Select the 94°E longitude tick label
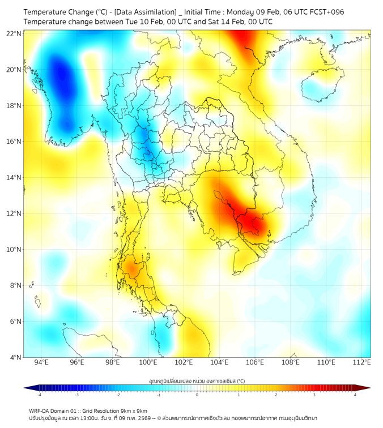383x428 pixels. tap(41, 362)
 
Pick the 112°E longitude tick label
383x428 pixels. tap(361, 362)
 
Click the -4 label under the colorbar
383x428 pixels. tap(39, 395)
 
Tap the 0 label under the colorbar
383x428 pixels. tap(197, 395)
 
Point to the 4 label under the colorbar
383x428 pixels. tap(355, 395)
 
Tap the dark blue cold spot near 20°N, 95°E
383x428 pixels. tap(59, 74)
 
